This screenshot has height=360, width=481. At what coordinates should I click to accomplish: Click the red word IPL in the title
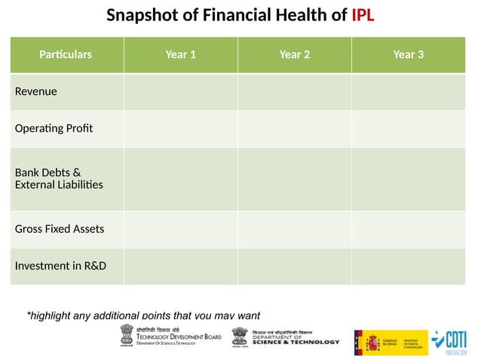[363, 15]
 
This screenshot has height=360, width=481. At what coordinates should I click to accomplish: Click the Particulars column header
[66, 54]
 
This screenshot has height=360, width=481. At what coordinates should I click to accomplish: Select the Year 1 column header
[181, 54]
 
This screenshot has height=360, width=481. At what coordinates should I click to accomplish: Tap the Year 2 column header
[295, 54]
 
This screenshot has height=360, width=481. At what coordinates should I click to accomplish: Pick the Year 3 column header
[409, 54]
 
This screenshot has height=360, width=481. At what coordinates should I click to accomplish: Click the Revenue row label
[36, 92]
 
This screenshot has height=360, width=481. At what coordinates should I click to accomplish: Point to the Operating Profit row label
[54, 128]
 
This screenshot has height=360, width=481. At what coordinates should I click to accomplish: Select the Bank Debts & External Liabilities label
[59, 178]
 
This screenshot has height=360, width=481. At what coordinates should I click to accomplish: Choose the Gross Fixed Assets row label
[60, 229]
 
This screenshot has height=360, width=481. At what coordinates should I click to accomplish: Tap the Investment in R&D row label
[60, 266]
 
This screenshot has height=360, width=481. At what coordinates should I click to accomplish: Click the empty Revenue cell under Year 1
[181, 92]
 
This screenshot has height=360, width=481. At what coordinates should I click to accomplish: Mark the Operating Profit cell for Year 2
[295, 128]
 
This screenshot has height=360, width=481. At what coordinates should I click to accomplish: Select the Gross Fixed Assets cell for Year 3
[409, 229]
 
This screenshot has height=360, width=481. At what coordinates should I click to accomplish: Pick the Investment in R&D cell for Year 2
[295, 266]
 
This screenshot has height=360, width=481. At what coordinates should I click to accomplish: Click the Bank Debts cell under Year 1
[181, 178]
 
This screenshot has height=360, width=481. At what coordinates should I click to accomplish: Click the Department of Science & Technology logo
[286, 337]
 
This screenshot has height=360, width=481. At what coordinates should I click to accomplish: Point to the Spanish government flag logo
[390, 342]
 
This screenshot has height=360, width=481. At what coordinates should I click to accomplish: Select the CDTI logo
[451, 342]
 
